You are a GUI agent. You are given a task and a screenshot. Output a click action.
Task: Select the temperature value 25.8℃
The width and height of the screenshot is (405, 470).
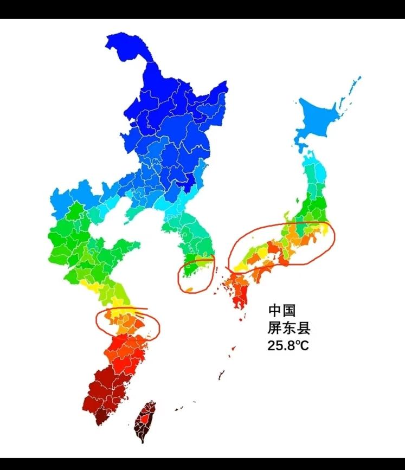[x=288, y=345]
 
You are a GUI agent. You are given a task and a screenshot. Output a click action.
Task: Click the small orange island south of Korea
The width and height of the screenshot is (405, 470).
[x=189, y=289]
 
